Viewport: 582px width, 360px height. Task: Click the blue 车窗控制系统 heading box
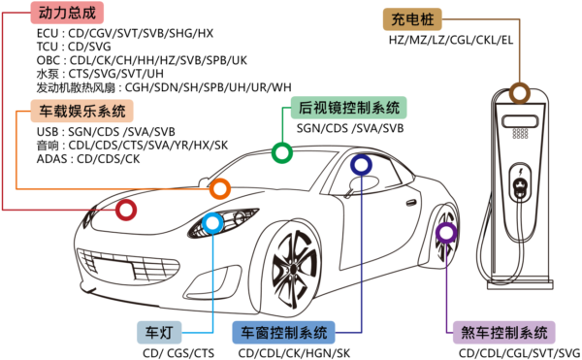tap(284, 332)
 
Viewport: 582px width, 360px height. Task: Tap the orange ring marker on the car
tap(220, 189)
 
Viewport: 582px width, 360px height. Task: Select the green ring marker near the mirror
tap(281, 152)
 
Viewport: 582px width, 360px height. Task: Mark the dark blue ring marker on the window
tap(361, 165)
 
